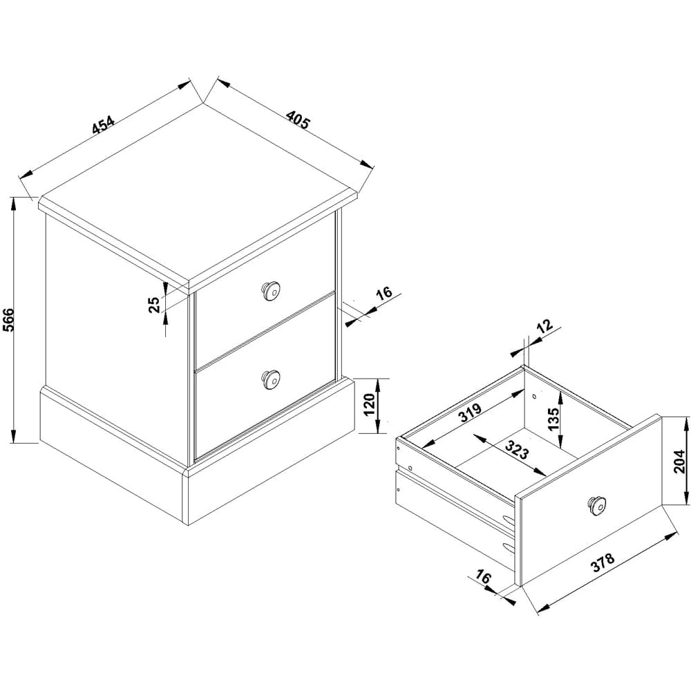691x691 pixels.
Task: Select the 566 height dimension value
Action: (8, 319)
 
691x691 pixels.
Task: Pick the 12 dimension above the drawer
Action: (545, 326)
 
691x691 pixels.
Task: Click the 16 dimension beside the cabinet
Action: (384, 293)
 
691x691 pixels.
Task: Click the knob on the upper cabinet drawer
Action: (269, 291)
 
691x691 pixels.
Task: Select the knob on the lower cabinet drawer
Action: (270, 378)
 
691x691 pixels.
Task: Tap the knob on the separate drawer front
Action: (596, 505)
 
